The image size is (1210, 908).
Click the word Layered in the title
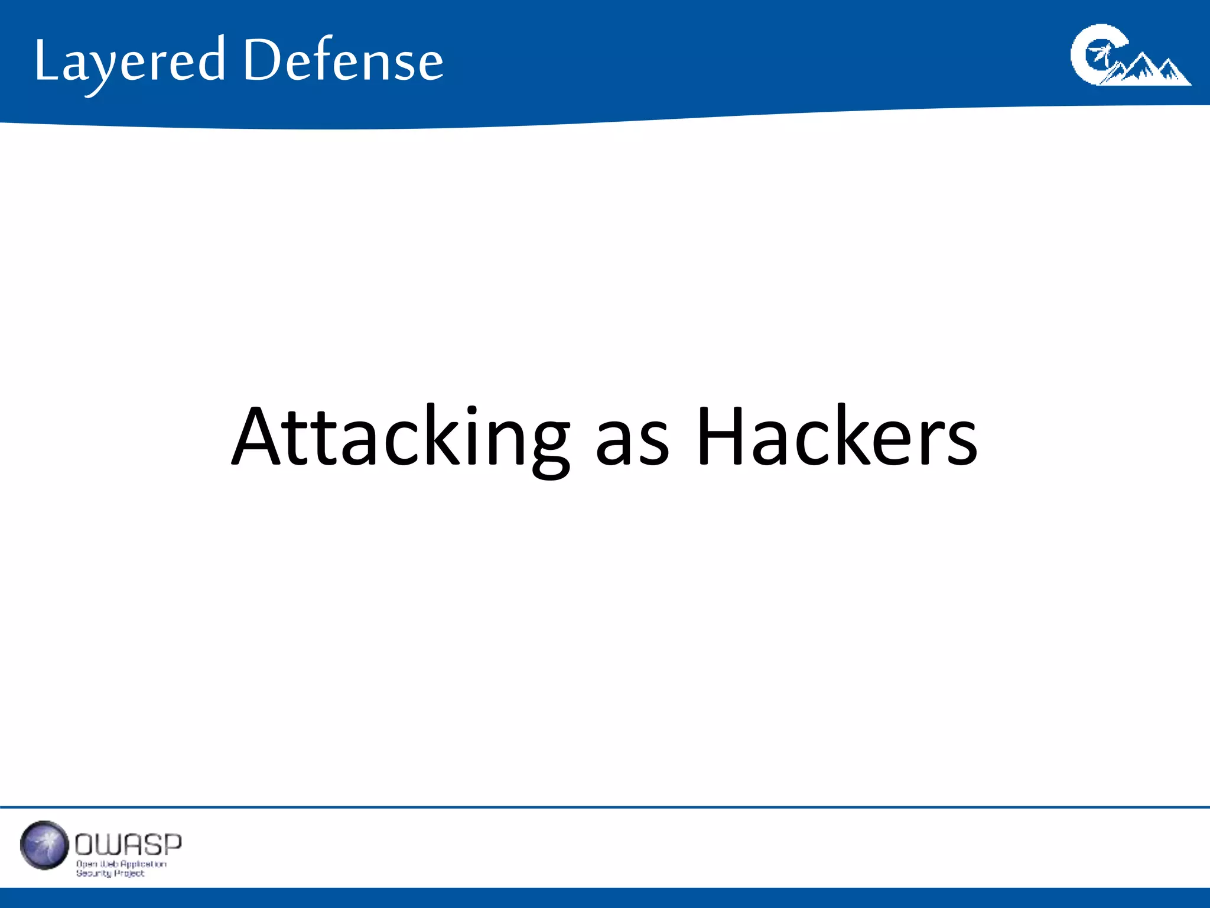click(x=130, y=61)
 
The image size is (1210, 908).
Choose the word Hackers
click(x=837, y=437)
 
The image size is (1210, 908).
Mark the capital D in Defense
click(x=262, y=59)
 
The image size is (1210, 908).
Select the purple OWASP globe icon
click(x=44, y=845)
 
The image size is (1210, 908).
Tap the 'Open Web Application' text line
click(x=121, y=864)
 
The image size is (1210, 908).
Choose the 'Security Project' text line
click(x=110, y=873)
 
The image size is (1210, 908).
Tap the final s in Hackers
click(x=962, y=446)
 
